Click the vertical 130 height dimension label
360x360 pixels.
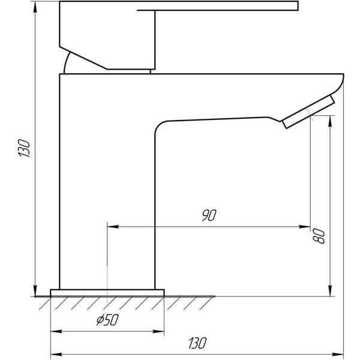click(24, 148)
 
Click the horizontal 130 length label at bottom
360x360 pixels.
click(197, 343)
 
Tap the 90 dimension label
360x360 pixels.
click(209, 215)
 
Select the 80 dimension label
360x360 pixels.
click(319, 236)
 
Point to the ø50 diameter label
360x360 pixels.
click(107, 320)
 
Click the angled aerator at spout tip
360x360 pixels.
click(308, 112)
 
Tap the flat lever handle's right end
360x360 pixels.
click(298, 6)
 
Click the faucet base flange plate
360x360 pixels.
click(107, 293)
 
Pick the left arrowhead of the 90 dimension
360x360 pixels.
click(113, 227)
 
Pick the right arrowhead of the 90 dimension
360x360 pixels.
click(304, 227)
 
